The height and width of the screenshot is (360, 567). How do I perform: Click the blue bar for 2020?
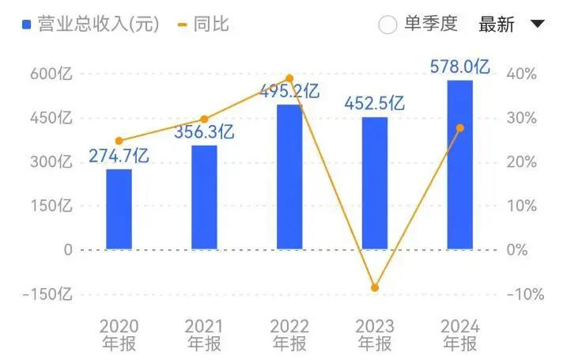[119, 210]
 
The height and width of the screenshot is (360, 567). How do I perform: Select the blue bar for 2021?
[204, 198]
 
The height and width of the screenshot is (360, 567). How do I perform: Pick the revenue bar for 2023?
[375, 184]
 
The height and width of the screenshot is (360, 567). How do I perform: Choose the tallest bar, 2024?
[460, 165]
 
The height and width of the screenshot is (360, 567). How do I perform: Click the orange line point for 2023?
[375, 287]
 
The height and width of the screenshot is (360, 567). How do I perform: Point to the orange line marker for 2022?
[289, 78]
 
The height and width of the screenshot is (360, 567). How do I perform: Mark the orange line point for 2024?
[460, 127]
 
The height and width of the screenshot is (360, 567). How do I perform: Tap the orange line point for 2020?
[119, 141]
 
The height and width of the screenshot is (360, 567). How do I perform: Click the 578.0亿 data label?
[460, 66]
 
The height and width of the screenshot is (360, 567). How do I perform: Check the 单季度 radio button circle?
[387, 25]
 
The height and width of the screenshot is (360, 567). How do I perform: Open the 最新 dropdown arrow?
[537, 24]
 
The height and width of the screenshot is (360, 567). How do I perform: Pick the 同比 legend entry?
[203, 25]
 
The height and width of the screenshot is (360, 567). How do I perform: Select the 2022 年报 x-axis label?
[289, 335]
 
